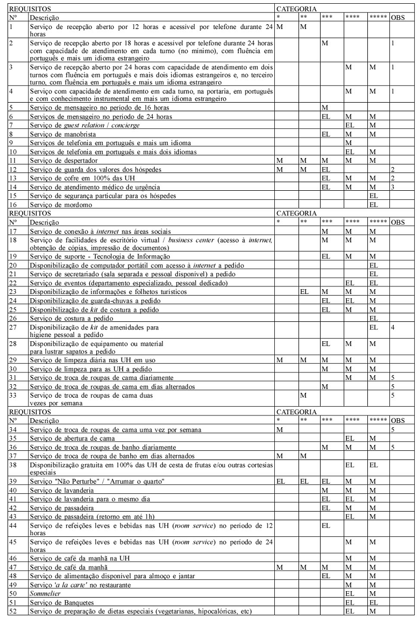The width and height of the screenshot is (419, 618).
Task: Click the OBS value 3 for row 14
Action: (393, 186)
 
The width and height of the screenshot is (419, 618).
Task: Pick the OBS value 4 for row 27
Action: (393, 327)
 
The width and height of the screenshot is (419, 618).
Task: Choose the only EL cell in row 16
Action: (373, 205)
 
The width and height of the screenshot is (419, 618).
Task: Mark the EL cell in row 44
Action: (325, 525)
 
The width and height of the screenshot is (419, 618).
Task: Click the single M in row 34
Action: (279, 430)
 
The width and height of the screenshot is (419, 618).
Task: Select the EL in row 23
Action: (304, 292)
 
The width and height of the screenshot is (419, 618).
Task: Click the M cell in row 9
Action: (349, 143)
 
